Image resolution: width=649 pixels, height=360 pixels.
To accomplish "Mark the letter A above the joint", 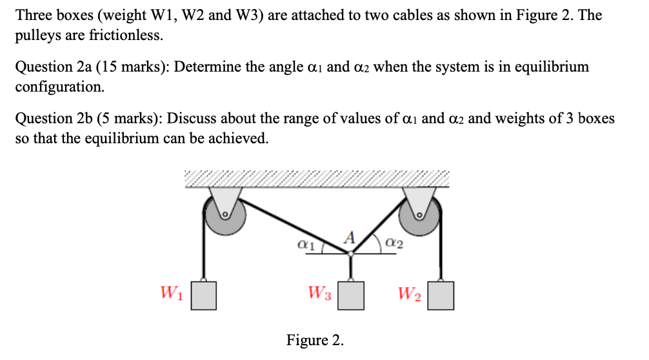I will point(350,237).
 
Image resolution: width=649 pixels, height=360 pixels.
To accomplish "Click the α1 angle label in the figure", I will point(305,245).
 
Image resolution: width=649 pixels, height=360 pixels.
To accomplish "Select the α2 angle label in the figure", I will point(395,244).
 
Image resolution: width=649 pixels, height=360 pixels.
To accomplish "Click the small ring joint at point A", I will point(350,254).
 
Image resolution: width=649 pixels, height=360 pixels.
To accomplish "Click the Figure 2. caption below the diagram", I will point(315,340).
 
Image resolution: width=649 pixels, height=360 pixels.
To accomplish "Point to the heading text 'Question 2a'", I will point(52,67).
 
